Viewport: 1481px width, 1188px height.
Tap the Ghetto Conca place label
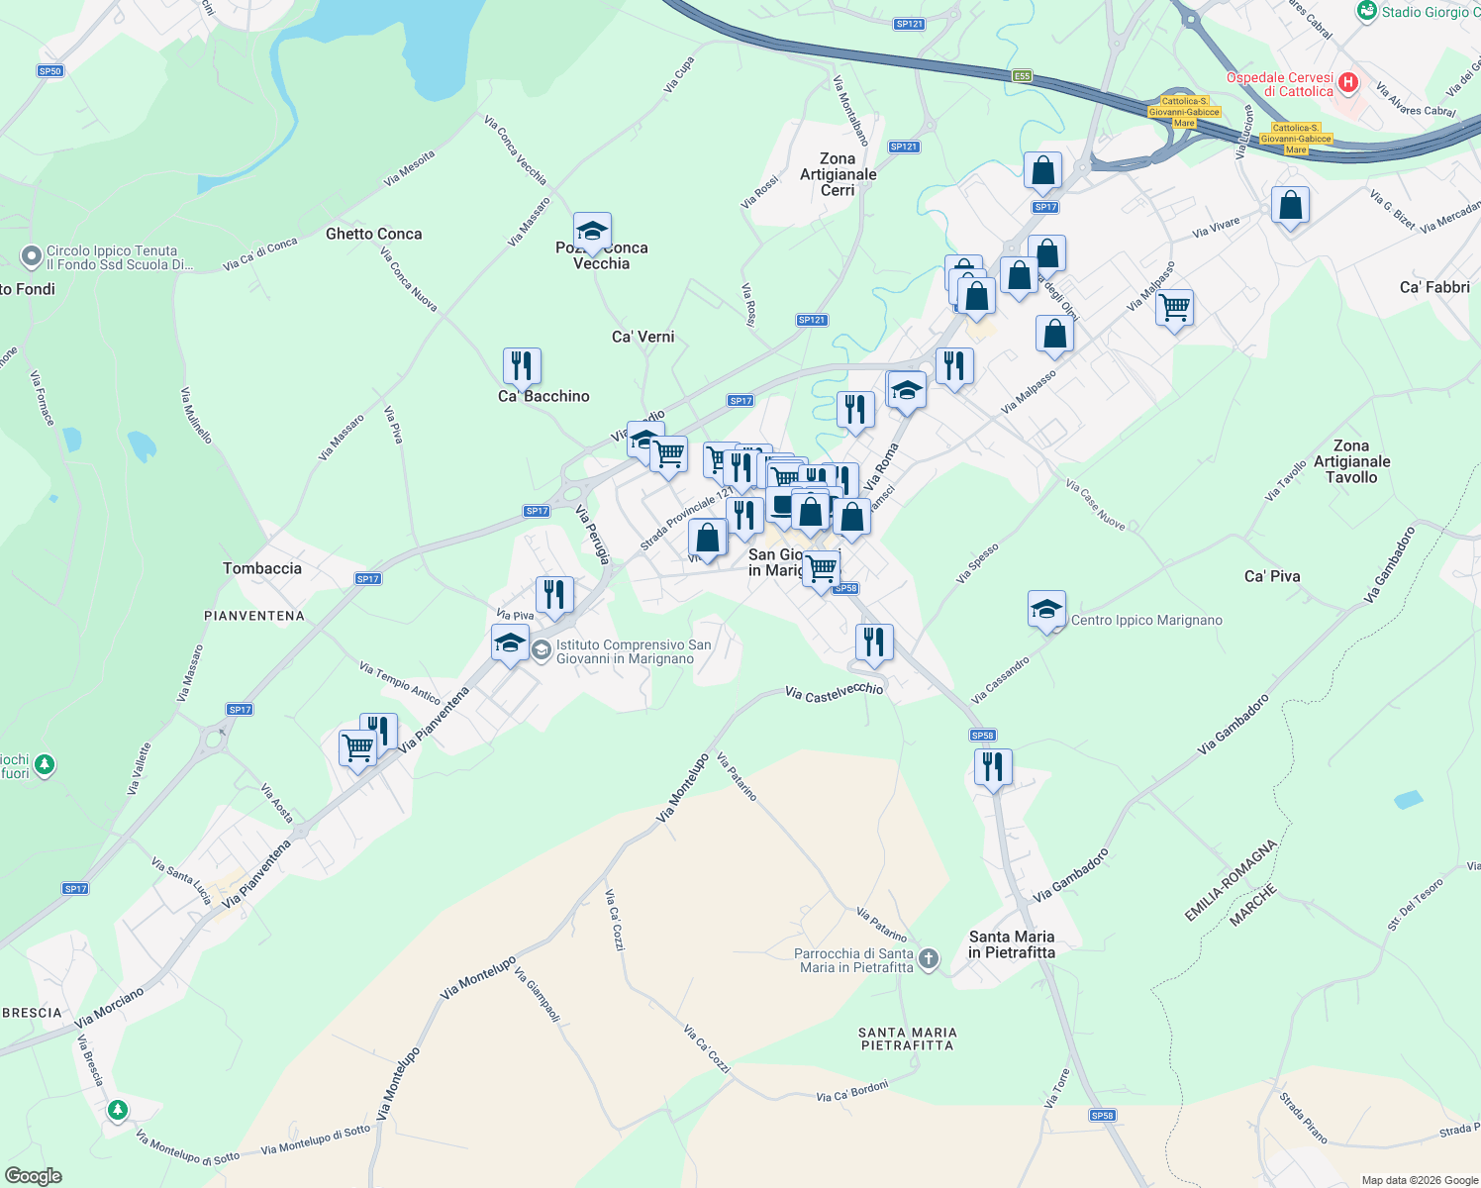[x=373, y=234]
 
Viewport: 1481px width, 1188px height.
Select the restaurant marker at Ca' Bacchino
[x=522, y=366]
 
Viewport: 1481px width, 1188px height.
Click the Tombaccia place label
[x=262, y=568]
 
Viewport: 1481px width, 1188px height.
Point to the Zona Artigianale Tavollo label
[x=1351, y=461]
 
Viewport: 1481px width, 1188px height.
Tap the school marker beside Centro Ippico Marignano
[x=1046, y=610]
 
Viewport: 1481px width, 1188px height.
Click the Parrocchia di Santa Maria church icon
[x=928, y=958]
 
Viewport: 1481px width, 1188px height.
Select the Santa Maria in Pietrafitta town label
[x=1012, y=944]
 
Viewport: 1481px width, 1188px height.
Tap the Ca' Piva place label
[x=1272, y=576]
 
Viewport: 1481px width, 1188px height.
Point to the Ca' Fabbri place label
[x=1434, y=287]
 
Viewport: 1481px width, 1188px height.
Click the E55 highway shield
[x=1022, y=76]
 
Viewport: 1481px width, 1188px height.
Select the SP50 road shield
[x=49, y=71]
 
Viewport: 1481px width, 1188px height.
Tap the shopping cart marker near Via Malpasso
[x=1174, y=308]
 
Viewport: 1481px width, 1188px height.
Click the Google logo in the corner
[x=33, y=1176]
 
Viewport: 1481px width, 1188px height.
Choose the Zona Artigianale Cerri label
[x=838, y=174]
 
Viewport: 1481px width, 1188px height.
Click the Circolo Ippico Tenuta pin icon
[x=31, y=256]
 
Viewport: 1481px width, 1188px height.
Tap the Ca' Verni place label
[x=642, y=337]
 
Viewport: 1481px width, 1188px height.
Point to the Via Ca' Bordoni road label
[x=851, y=1092]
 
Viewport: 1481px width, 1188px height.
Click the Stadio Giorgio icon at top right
[x=1367, y=11]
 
